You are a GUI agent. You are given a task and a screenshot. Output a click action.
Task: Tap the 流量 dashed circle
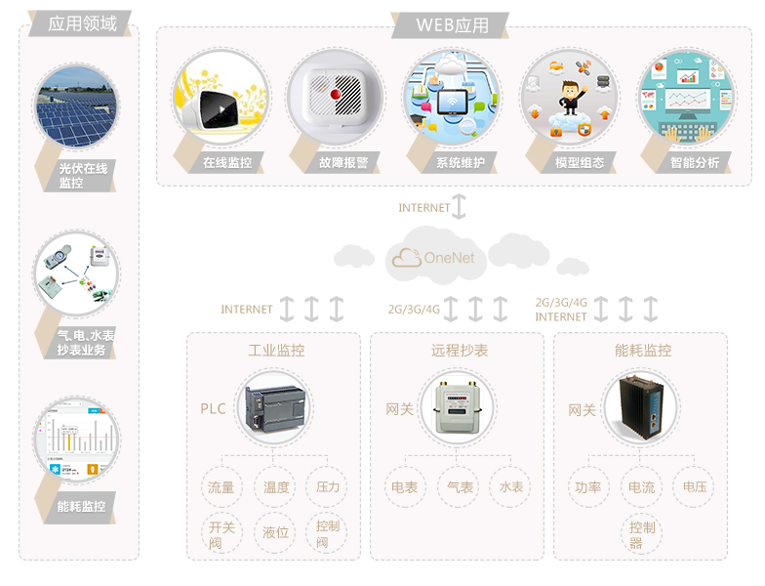pyautogui.click(x=221, y=487)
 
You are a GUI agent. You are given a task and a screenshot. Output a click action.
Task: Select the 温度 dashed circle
pyautogui.click(x=275, y=487)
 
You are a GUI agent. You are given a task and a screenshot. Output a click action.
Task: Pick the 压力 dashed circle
pyautogui.click(x=329, y=487)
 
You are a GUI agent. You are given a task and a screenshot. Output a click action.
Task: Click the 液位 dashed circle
pyautogui.click(x=275, y=532)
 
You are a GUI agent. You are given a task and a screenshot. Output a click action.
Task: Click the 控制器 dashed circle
pyautogui.click(x=642, y=533)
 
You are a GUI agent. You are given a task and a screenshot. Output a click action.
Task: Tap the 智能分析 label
pyautogui.click(x=694, y=163)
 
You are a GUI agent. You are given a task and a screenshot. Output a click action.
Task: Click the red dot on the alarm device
pyautogui.click(x=335, y=96)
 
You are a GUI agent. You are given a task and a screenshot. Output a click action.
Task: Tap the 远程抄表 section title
pyautogui.click(x=460, y=350)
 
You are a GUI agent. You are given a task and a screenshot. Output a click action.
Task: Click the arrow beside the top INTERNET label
pyautogui.click(x=460, y=207)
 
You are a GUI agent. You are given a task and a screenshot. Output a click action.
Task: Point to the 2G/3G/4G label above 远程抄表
pyautogui.click(x=414, y=309)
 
